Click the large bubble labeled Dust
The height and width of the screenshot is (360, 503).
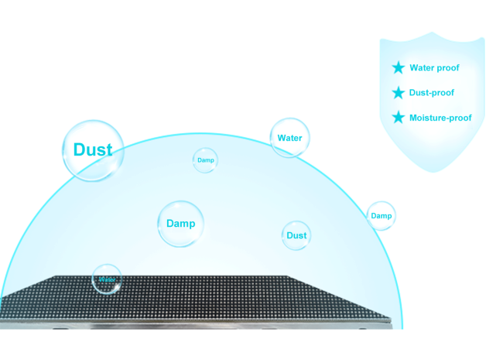[93, 150]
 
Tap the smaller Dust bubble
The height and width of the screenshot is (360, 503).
[296, 235]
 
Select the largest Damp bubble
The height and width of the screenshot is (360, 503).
[180, 224]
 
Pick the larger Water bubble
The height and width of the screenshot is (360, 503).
[289, 138]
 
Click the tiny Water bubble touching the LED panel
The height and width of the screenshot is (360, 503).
[106, 279]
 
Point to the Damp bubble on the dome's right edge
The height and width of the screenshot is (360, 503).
[381, 215]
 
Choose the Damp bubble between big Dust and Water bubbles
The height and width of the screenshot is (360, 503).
[205, 160]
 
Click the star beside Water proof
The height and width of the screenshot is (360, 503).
[399, 68]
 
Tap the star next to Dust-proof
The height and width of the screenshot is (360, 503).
[399, 93]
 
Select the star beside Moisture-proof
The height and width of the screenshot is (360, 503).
[399, 118]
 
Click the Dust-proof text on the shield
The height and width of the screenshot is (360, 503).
[431, 93]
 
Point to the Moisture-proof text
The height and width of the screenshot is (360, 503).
[440, 118]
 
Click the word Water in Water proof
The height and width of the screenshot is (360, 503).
[423, 68]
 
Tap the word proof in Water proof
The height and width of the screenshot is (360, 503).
[448, 68]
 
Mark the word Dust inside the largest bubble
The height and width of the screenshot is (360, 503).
[93, 150]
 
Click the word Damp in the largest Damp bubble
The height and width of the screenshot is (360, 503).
[180, 224]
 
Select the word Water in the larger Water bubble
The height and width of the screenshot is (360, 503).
[289, 138]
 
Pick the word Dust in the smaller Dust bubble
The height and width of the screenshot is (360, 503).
[296, 235]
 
